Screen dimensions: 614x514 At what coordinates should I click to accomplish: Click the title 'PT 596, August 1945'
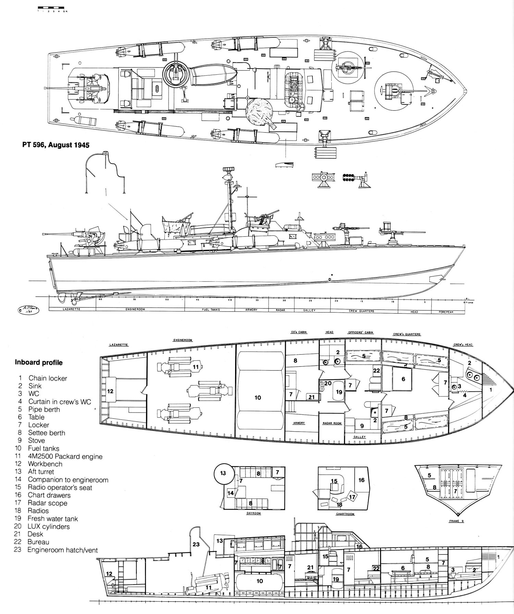coord(52,145)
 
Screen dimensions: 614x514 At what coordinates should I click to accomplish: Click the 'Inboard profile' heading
coord(38,362)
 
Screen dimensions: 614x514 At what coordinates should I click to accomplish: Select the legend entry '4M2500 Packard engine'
coord(65,456)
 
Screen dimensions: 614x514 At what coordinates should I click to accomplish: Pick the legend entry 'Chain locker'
coord(48,378)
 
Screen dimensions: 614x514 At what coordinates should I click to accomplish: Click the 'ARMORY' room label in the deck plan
coord(299,423)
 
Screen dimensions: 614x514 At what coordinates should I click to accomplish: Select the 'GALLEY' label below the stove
coord(360,437)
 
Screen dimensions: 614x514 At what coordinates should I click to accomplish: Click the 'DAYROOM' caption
coord(254,513)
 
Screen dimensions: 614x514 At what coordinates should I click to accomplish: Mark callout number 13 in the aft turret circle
coord(223,473)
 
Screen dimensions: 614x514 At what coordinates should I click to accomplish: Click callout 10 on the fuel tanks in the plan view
coord(258,397)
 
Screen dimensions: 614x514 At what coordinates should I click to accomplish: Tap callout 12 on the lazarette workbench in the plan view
coord(110,391)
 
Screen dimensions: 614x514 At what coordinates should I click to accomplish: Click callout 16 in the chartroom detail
coord(362,480)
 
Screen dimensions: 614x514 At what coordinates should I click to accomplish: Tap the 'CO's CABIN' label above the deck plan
coord(296,332)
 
